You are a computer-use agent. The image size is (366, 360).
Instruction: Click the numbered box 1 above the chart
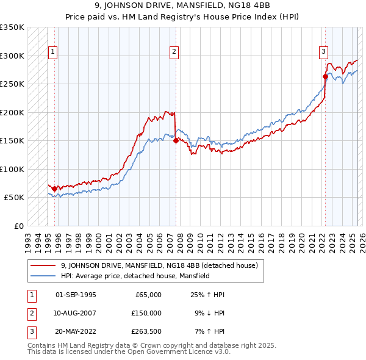[x=52, y=52]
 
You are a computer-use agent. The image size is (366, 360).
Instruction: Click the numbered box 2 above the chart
[x=174, y=52]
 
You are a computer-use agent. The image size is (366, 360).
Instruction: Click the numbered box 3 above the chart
[x=323, y=52]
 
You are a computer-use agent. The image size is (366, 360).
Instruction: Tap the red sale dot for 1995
[x=55, y=189]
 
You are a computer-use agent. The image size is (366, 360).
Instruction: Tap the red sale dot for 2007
[x=176, y=140]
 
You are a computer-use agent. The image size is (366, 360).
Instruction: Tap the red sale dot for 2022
[x=325, y=76]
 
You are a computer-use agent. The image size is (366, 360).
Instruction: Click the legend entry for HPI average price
[x=135, y=276]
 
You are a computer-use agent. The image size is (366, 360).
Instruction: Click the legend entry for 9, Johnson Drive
[x=160, y=265]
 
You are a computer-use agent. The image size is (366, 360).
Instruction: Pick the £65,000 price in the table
[x=148, y=295]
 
